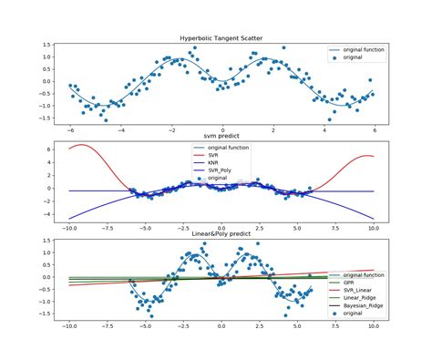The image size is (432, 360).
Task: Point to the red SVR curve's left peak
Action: point(83,145)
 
